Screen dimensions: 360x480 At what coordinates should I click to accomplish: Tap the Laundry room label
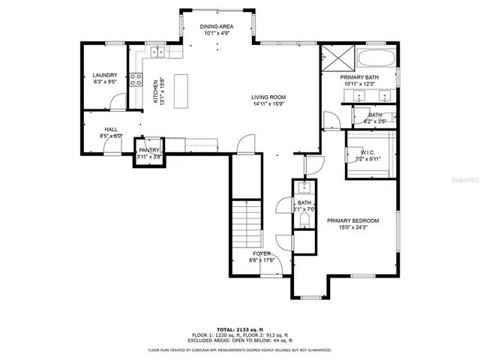(x=105, y=76)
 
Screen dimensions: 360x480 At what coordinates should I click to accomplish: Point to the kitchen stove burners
(x=136, y=79)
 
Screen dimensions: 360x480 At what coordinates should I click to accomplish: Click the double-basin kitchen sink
(x=157, y=52)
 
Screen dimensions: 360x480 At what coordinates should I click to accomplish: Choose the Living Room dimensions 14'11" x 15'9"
(x=268, y=105)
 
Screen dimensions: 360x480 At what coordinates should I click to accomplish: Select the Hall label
(x=111, y=129)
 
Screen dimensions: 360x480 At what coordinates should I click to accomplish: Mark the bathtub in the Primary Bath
(x=376, y=58)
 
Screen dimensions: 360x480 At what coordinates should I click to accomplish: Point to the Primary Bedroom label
(x=352, y=220)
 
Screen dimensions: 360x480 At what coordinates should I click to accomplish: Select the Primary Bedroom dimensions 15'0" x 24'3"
(x=352, y=228)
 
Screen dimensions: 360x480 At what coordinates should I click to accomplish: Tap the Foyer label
(x=262, y=253)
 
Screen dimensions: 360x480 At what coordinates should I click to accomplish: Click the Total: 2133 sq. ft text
(x=240, y=329)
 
